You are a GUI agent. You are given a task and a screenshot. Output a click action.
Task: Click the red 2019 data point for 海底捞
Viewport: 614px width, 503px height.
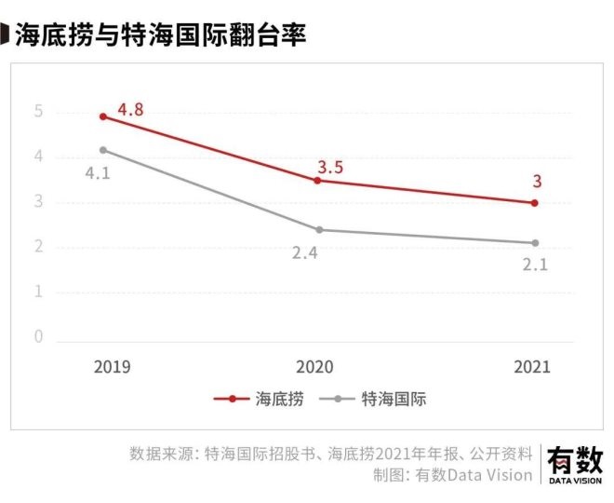coord(102,116)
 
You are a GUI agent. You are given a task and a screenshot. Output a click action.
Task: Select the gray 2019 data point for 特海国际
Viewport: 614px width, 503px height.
coord(102,150)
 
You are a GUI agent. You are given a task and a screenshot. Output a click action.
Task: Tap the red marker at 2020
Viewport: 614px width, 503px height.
coord(318,180)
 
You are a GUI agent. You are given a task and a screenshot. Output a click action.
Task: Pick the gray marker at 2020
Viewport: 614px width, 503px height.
coord(318,229)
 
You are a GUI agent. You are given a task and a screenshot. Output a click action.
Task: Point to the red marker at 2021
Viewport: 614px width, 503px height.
coord(534,202)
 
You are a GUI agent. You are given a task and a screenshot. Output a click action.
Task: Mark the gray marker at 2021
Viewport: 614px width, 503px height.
coord(534,243)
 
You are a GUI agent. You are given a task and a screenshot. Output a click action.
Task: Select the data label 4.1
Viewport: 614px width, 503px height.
coord(98,172)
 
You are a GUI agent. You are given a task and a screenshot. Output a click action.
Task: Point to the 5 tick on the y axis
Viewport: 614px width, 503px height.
coord(39,113)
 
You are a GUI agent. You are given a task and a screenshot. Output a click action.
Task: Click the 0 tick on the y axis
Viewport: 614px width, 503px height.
coord(39,336)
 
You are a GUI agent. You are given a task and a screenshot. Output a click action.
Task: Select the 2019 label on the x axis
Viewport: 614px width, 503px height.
coord(112,366)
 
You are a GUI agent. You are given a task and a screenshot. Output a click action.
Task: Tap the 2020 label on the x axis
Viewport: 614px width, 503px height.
coord(314,366)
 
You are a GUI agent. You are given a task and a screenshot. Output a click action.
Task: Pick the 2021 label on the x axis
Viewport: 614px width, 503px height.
coord(532,366)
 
